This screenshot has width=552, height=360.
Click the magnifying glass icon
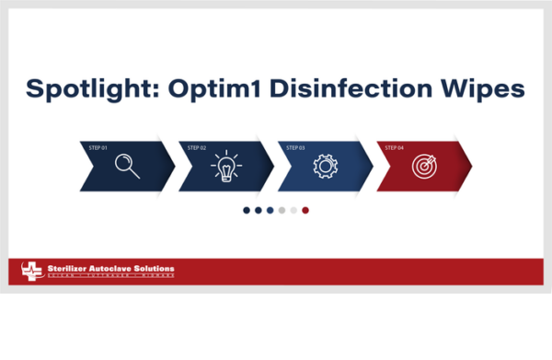click(126, 167)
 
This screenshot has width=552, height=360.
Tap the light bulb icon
click(225, 167)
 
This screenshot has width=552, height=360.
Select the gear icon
click(324, 167)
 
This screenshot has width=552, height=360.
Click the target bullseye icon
click(423, 167)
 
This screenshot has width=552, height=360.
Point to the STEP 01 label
click(98, 147)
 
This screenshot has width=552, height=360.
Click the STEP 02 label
click(197, 147)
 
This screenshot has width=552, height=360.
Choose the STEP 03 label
click(296, 147)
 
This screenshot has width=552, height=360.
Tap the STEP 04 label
click(395, 147)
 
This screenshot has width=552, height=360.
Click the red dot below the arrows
click(305, 210)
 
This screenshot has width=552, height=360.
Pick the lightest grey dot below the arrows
click(293, 210)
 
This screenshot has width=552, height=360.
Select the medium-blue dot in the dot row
click(270, 210)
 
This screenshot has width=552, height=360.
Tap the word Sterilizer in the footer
click(66, 269)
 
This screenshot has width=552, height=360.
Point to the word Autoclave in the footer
click(110, 269)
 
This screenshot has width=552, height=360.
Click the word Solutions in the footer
click(154, 269)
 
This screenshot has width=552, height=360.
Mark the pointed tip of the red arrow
click(472, 166)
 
